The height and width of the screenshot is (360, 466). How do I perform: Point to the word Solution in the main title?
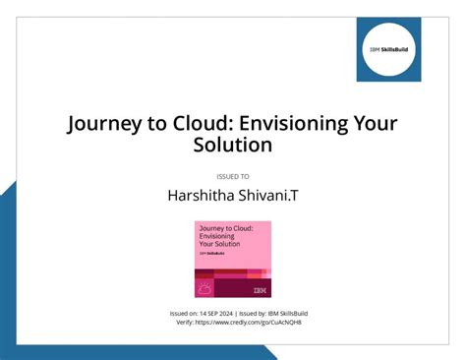pos(232,147)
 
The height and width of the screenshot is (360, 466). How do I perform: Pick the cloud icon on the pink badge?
pos(205,289)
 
